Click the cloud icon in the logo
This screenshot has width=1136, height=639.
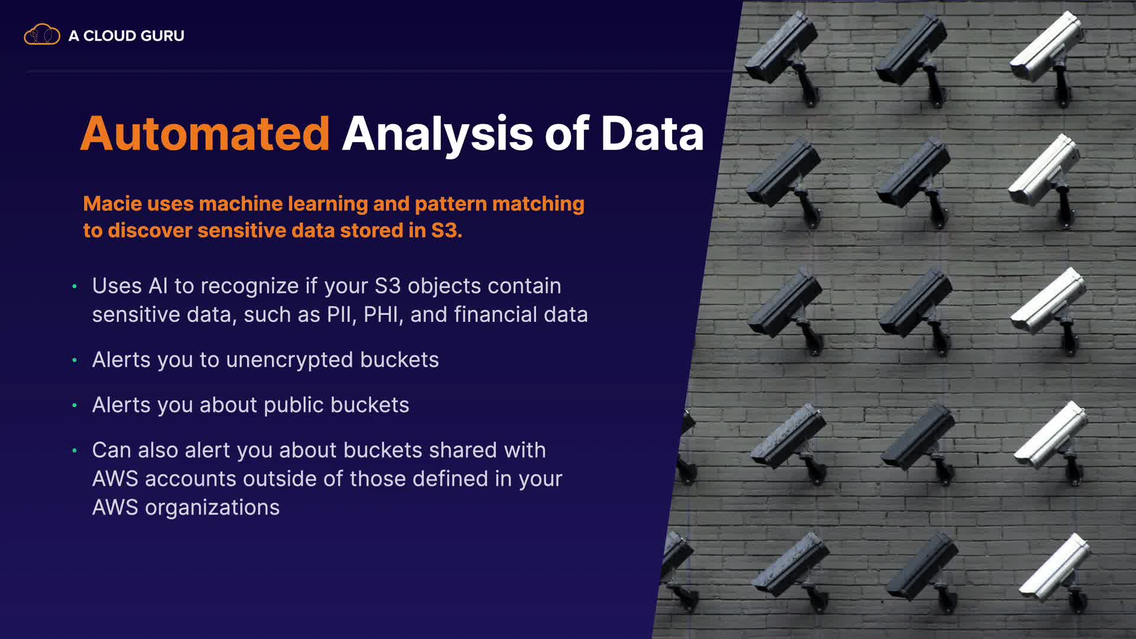tap(42, 35)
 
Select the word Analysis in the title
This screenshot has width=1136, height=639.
tap(438, 134)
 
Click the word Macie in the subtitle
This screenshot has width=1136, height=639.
tap(112, 204)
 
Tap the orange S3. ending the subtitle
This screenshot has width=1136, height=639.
tap(447, 230)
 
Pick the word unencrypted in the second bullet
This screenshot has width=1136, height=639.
tap(290, 360)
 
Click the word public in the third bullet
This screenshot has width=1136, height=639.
tap(294, 405)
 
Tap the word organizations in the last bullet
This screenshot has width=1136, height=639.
tap(212, 508)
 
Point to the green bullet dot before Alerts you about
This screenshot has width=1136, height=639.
tap(75, 405)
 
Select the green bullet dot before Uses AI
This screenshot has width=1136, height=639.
tap(75, 286)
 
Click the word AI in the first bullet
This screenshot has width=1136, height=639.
tap(158, 286)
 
